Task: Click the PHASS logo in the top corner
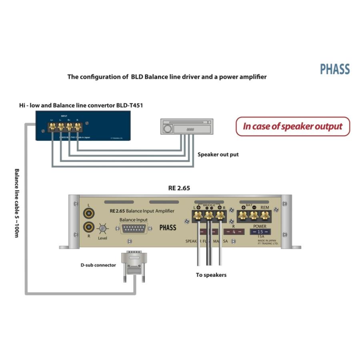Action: click(335, 69)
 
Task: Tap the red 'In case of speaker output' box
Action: click(292, 126)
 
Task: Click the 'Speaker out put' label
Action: click(218, 154)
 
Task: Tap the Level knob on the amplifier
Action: click(103, 228)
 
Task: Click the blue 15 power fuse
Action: click(260, 232)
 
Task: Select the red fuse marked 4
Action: click(234, 232)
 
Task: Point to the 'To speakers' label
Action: click(211, 275)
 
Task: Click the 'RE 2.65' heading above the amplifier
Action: click(179, 188)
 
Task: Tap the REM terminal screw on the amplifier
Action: click(265, 216)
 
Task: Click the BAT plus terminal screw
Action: click(243, 216)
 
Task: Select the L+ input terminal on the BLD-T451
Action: click(52, 127)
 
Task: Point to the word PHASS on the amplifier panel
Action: click(168, 228)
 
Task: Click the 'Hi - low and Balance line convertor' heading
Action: click(81, 105)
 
